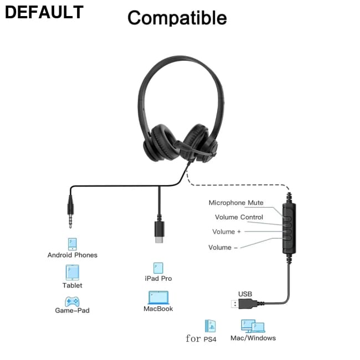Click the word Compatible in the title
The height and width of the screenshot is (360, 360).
tap(177, 18)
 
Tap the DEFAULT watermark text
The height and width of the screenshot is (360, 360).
tap(44, 12)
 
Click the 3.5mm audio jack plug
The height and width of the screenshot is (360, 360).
tap(70, 213)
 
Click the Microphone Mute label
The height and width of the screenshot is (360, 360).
tap(236, 203)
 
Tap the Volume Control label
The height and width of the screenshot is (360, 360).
tap(239, 217)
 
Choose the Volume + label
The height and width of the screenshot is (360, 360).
tap(227, 232)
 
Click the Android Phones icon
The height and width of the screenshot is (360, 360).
tap(72, 244)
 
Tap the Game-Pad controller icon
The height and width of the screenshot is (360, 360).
tap(72, 301)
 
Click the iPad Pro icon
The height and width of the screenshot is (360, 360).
tap(158, 268)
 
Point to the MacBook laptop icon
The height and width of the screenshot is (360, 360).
tap(158, 298)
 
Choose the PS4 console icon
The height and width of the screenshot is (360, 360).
tap(210, 326)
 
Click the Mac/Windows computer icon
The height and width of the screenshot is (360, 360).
tap(252, 326)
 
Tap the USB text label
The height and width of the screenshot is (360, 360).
tap(245, 294)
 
